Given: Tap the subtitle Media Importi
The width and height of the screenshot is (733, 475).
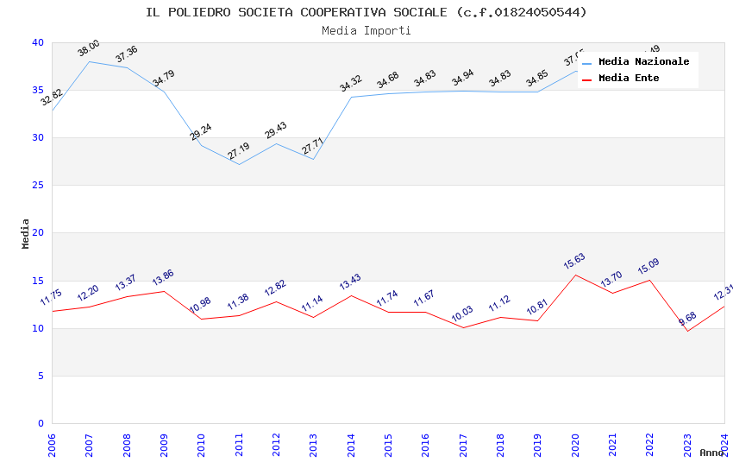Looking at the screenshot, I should click(366, 30).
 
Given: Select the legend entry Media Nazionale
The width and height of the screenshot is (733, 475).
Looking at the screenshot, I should click(643, 61).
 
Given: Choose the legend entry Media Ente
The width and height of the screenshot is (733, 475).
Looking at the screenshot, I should click(629, 78).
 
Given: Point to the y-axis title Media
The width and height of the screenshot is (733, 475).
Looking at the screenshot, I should click(26, 233).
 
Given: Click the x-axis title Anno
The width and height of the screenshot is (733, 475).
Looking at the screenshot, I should click(711, 453).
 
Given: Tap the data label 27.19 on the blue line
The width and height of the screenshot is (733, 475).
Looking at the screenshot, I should click(238, 150).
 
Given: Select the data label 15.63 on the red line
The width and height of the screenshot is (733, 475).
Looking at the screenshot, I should click(574, 262).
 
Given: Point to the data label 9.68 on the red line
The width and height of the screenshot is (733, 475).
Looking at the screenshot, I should click(687, 319).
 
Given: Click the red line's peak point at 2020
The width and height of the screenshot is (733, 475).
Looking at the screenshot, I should click(575, 275).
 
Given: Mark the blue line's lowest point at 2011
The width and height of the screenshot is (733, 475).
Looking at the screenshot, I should click(238, 164).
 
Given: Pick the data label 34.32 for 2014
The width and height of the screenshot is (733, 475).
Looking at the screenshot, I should click(351, 84).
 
